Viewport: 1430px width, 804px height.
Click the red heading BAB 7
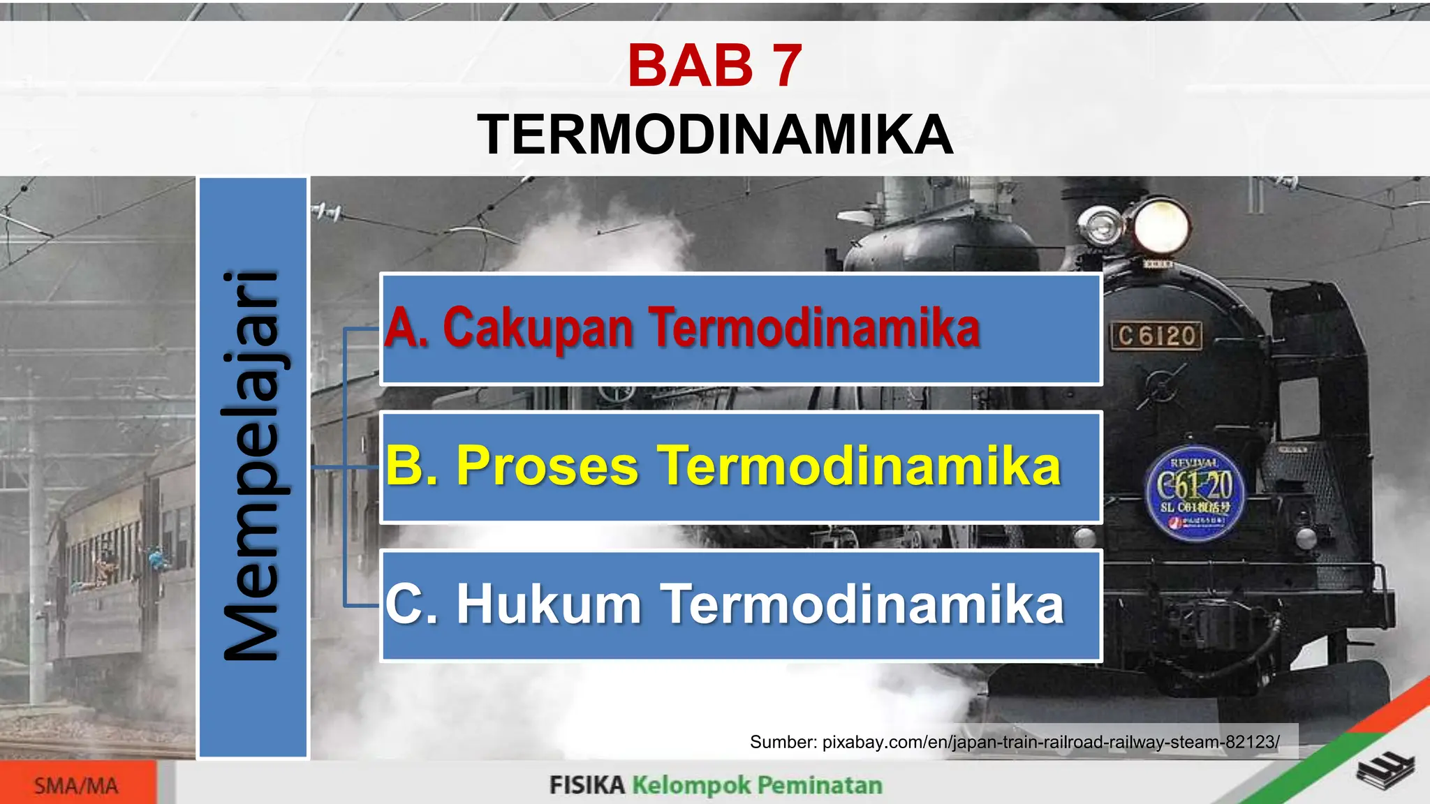pos(714,66)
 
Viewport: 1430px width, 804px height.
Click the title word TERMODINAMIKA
pos(714,135)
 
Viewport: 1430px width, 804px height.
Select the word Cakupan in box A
pos(538,327)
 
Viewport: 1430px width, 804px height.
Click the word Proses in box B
pos(547,466)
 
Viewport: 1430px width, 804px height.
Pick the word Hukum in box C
pos(549,604)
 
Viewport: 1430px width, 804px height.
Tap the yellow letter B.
pos(412,466)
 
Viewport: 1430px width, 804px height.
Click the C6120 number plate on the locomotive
pos(1156,336)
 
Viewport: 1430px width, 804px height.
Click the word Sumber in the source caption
pos(781,742)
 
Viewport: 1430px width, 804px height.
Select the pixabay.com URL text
pos(1050,742)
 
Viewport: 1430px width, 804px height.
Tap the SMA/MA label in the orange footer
pos(76,786)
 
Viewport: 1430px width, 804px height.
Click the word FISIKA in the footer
pos(587,785)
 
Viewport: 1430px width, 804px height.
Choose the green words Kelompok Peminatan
pos(757,785)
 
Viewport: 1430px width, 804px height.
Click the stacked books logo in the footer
pos(1385,772)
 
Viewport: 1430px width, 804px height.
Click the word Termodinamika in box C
pos(862,604)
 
